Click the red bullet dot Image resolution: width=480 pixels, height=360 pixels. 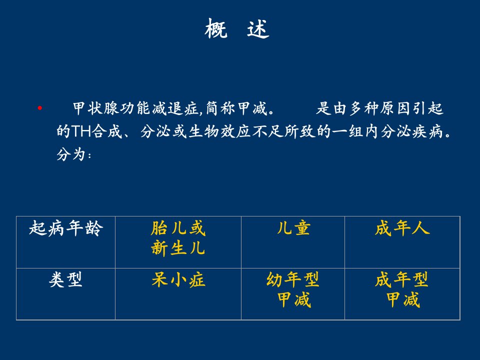click(40, 108)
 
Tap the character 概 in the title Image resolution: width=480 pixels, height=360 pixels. click(216, 28)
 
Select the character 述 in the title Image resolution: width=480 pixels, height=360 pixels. click(258, 28)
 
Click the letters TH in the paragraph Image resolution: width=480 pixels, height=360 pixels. click(81, 131)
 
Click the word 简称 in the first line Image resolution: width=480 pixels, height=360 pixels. click(220, 108)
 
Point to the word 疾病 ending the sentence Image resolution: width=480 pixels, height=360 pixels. click(427, 131)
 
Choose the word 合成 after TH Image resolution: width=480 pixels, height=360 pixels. click(107, 131)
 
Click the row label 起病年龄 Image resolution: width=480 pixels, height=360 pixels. click(66, 228)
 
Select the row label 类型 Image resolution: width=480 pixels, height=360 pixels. click(66, 279)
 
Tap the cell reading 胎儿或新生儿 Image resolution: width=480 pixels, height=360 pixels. click(178, 238)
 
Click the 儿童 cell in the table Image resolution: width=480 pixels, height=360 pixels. click(293, 228)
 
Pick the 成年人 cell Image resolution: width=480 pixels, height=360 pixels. click(402, 228)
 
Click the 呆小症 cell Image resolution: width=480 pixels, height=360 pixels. click(178, 279)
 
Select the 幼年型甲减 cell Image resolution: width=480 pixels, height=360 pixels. click(293, 289)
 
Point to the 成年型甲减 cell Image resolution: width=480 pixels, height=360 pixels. click(401, 289)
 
